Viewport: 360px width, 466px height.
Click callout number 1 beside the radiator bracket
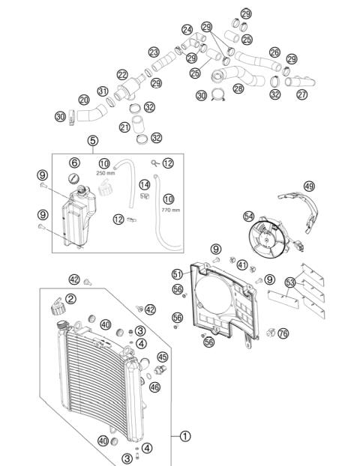coord(185,435)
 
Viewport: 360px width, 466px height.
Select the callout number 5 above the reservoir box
coord(93,140)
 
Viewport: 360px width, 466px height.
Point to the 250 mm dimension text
coord(104,173)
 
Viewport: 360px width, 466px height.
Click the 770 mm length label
coord(170,210)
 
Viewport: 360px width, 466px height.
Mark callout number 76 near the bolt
coord(283,333)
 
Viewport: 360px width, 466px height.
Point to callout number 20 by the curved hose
coord(84,100)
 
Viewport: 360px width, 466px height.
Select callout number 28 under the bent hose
coord(238,88)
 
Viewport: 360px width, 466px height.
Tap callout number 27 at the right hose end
coord(301,94)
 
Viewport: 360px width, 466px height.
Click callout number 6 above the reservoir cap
coord(74,163)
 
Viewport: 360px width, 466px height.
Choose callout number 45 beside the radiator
coord(163,357)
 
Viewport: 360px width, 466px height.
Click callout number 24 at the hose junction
coord(186,30)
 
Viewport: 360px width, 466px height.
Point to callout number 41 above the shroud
coord(241,264)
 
